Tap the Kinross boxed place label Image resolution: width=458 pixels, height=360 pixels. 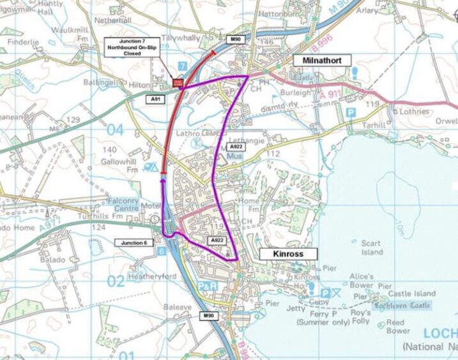click(289, 254)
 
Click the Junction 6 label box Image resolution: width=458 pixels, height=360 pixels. click(135, 243)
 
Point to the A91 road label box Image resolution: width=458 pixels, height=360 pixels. click(155, 100)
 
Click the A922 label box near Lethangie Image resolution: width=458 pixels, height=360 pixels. click(236, 147)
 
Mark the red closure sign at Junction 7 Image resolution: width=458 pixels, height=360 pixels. click(178, 82)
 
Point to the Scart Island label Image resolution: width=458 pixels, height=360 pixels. click(371, 248)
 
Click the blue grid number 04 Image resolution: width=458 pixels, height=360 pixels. click(114, 130)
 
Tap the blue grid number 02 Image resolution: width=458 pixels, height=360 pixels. click(115, 281)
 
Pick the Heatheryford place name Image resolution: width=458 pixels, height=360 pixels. click(152, 276)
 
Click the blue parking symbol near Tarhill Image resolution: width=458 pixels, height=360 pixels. click(350, 112)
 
